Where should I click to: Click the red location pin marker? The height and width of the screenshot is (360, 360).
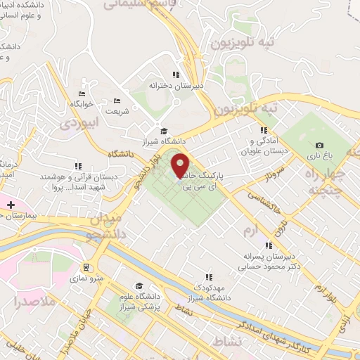coord(181,166)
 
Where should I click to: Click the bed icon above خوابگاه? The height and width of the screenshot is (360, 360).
coord(82,94)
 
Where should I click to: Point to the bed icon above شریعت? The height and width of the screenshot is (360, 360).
coord(117,101)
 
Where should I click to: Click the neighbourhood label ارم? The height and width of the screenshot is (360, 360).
coord(250,231)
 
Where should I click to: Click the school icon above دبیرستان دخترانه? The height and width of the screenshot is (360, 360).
coord(176,75)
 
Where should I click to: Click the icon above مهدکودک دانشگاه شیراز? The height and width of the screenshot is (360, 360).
coord(208,277)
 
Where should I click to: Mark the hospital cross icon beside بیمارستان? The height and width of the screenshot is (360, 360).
coord(11,204)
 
